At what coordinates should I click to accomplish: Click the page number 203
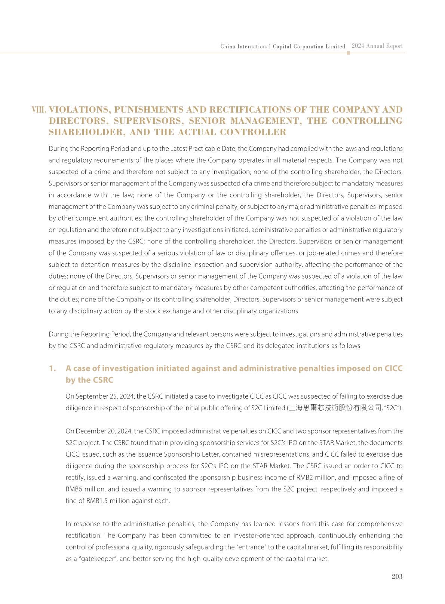click(x=397, y=576)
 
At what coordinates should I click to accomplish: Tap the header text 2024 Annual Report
click(x=377, y=46)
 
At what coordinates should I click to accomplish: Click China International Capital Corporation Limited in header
click(x=283, y=46)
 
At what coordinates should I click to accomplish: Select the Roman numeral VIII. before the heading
click(x=39, y=110)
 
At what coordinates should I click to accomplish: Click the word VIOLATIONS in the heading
click(x=79, y=110)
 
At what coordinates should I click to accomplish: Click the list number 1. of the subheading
click(x=52, y=368)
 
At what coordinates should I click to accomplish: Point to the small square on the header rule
click(x=349, y=53)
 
